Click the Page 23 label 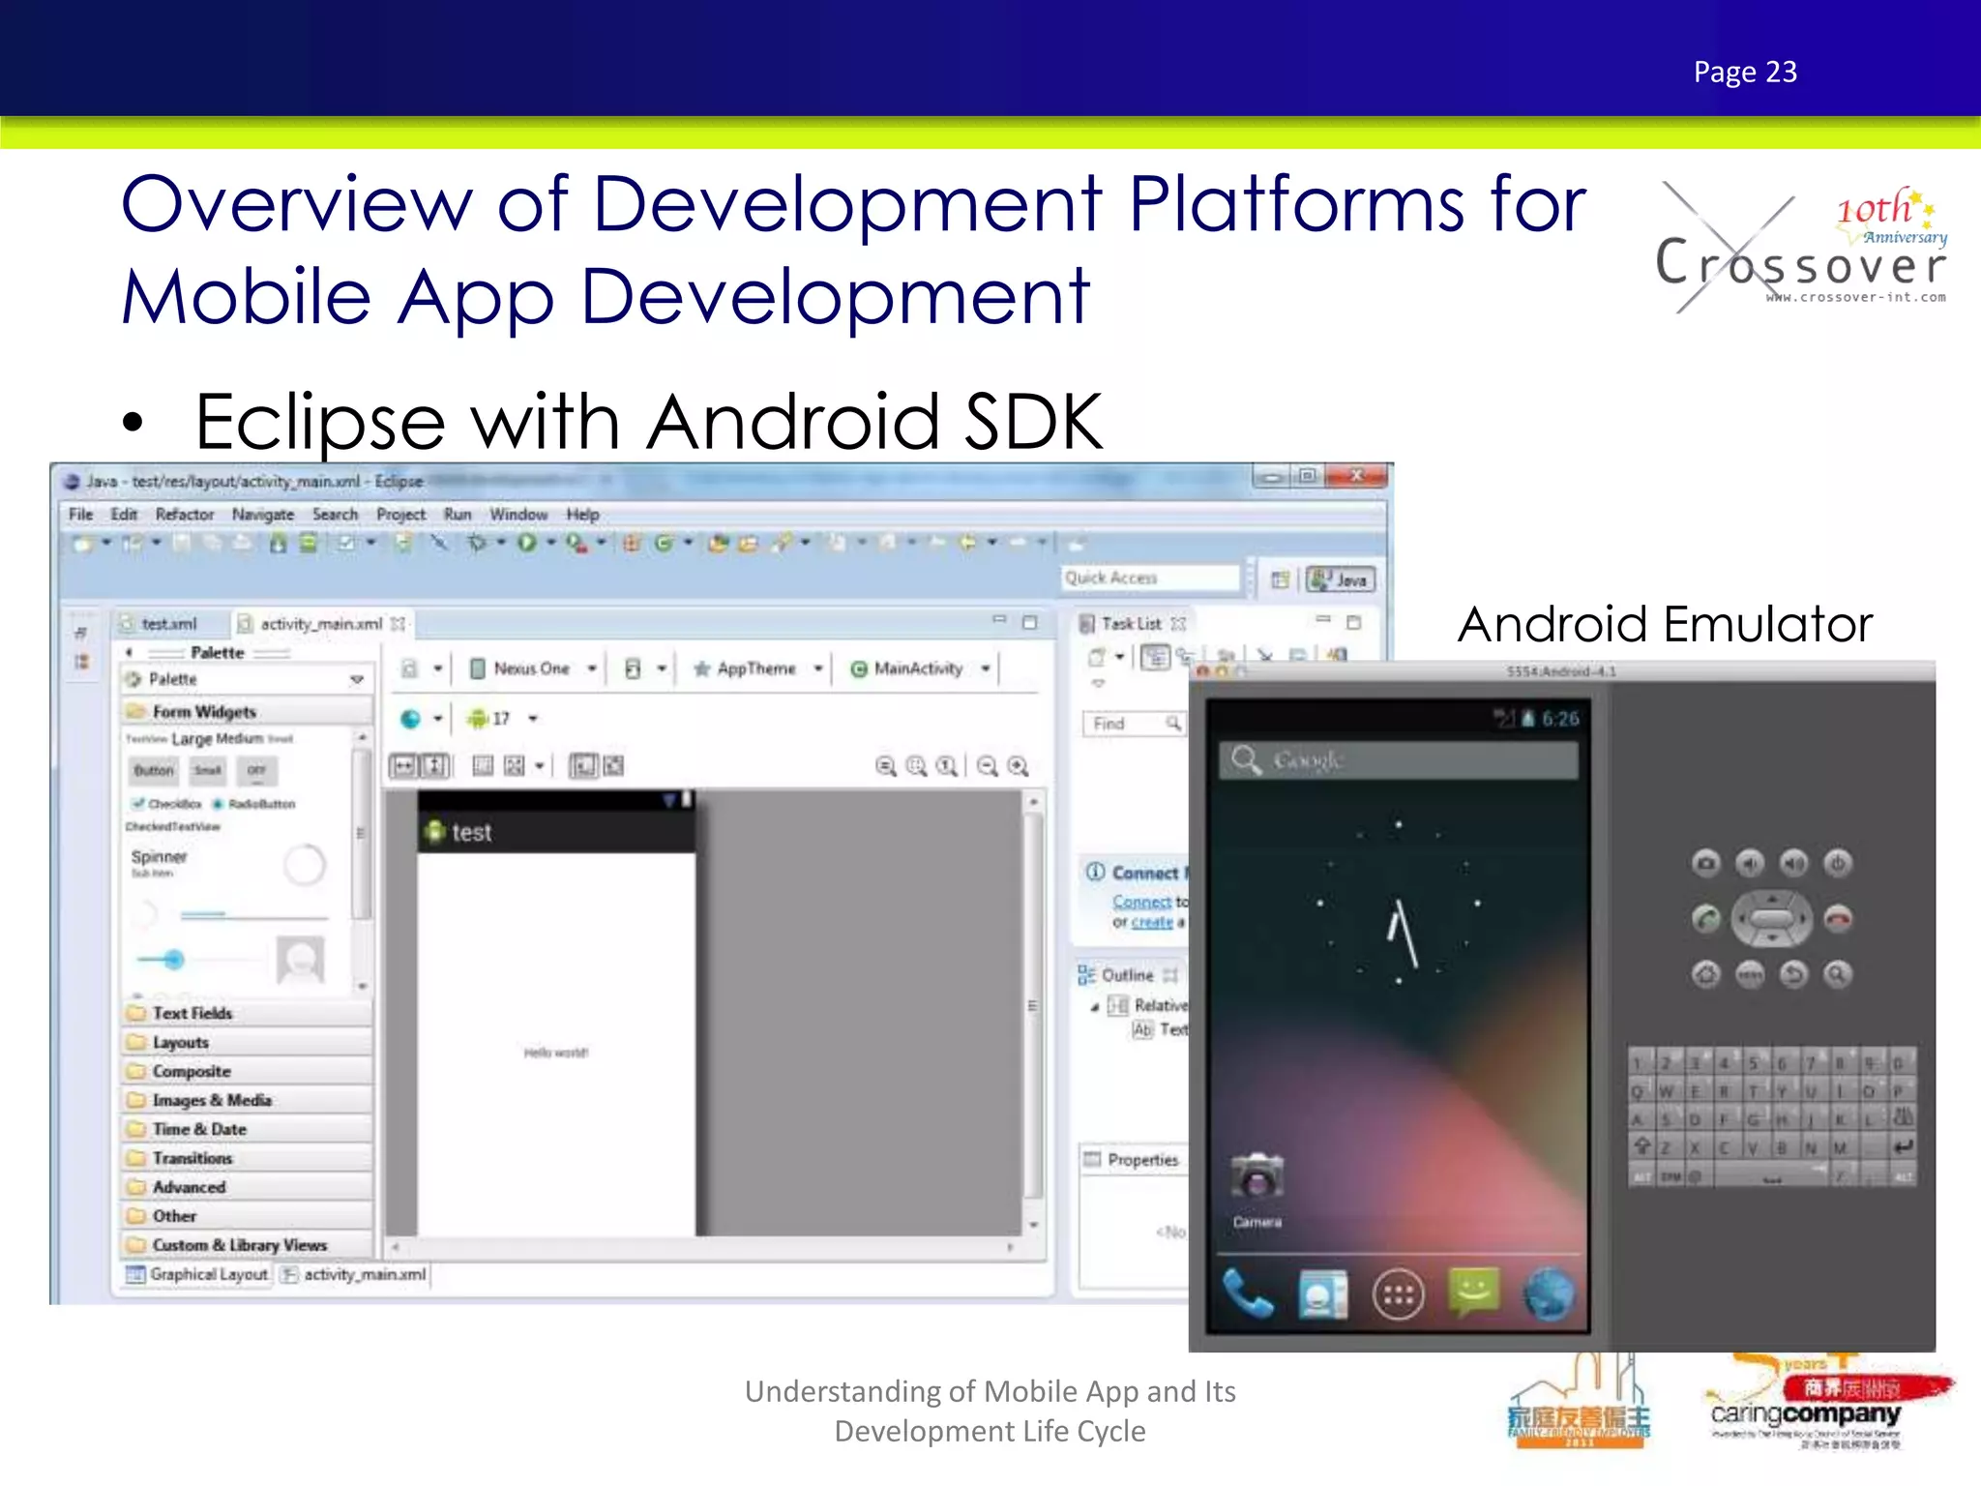click(1744, 72)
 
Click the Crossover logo click(1800, 249)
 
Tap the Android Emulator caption click(1665, 624)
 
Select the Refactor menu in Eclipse click(184, 515)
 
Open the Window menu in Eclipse click(517, 515)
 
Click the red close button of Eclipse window click(1356, 476)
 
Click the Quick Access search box click(1149, 579)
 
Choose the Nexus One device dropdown click(533, 669)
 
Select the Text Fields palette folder click(192, 1013)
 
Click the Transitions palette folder click(192, 1158)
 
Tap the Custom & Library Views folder click(238, 1245)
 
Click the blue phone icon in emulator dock click(1248, 1294)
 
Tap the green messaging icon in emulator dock click(1473, 1293)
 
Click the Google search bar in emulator click(1398, 760)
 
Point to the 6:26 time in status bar click(1559, 718)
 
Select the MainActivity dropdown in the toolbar click(919, 669)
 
